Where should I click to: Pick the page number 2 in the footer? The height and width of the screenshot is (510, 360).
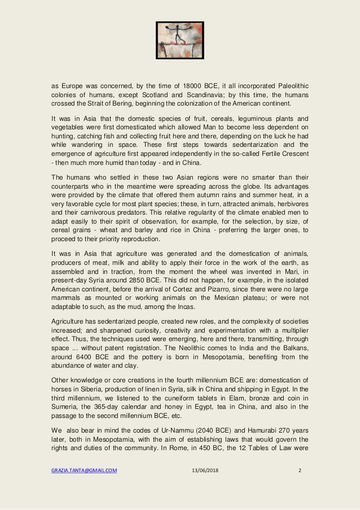click(x=299, y=483)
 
